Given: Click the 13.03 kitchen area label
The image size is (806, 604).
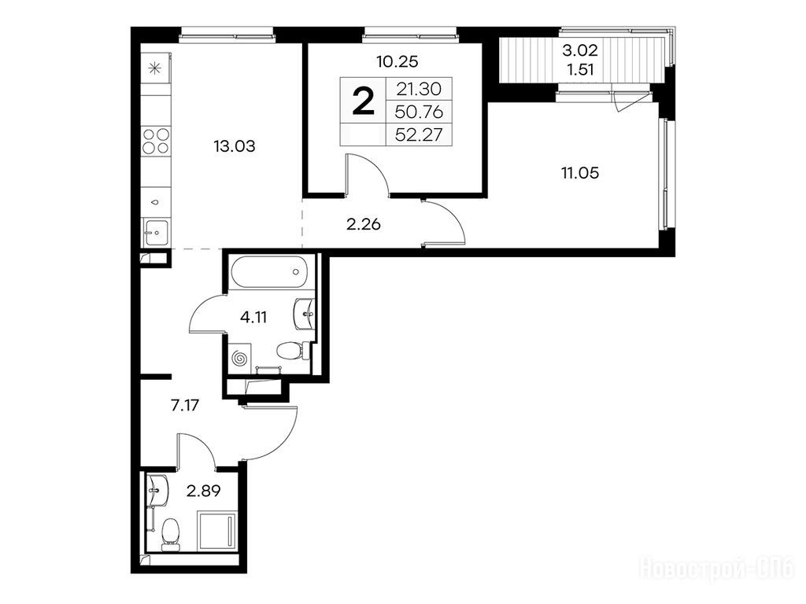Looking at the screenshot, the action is (235, 146).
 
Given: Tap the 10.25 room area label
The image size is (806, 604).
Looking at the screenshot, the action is (397, 61).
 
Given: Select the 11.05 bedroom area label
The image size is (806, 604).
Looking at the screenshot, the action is (580, 173).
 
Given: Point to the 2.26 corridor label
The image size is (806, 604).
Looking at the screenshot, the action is (364, 224).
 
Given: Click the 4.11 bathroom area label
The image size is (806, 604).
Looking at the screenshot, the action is (253, 318).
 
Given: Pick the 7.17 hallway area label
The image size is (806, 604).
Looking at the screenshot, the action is (184, 406).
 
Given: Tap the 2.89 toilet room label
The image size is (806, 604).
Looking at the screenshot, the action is (204, 492).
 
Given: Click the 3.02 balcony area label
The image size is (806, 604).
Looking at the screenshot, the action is (580, 50).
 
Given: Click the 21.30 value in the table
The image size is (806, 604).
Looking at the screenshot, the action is (419, 89).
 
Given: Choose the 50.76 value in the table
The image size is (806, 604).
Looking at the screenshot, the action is (419, 112).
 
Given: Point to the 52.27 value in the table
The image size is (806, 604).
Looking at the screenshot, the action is (419, 134).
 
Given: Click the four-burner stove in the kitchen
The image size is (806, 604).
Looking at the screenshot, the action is (156, 141).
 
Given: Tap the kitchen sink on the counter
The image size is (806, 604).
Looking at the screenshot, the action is (156, 233).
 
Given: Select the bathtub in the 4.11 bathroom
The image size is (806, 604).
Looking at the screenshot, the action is (269, 273).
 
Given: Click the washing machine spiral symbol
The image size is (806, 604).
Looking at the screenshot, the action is (239, 358).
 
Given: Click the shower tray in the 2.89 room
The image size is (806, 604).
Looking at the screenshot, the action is (217, 531).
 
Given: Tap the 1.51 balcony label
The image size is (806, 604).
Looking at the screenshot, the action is (580, 69).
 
